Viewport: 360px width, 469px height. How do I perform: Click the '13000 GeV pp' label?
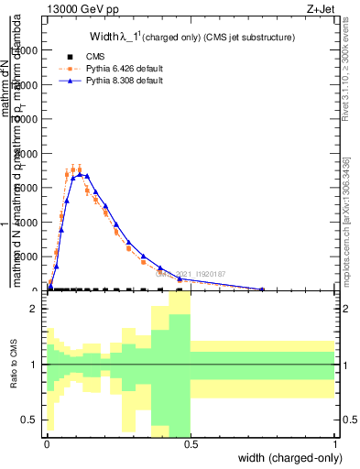82,9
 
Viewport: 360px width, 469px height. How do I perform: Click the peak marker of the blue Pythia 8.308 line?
80,173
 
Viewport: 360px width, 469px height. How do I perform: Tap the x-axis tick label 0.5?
190,444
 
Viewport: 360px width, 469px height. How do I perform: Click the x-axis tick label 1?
334,444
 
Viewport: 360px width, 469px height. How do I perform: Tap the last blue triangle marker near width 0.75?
262,289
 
